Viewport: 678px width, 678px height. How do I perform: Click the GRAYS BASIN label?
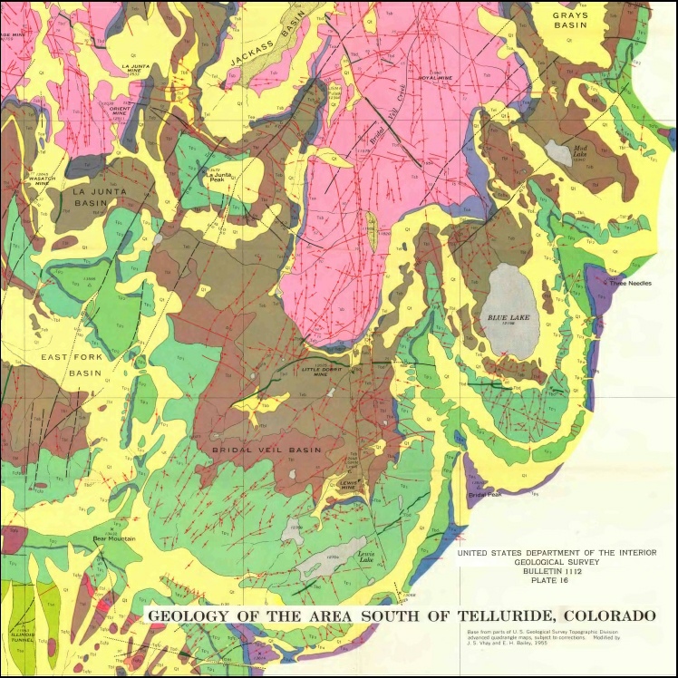coord(570,20)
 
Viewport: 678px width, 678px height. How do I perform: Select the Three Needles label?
coord(631,283)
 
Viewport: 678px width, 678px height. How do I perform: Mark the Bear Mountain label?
coord(114,538)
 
